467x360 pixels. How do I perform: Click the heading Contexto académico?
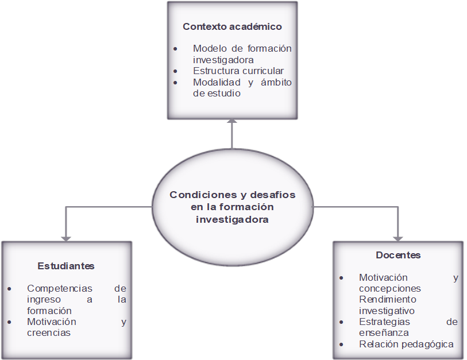pyautogui.click(x=232, y=26)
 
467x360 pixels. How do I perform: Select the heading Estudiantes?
pyautogui.click(x=66, y=266)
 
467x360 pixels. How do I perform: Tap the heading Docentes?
pyautogui.click(x=398, y=255)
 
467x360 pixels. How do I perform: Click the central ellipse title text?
pyautogui.click(x=232, y=207)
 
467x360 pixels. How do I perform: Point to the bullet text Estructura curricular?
pyautogui.click(x=238, y=71)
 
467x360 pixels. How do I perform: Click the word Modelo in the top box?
pyautogui.click(x=210, y=48)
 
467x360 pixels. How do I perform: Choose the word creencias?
pyautogui.click(x=49, y=332)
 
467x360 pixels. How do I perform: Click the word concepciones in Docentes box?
pyautogui.click(x=390, y=288)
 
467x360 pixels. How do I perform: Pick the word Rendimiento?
pyautogui.click(x=388, y=299)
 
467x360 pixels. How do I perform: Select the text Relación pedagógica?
pyautogui.click(x=406, y=344)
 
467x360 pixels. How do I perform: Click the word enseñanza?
pyautogui.click(x=384, y=332)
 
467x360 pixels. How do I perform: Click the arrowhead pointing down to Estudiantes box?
pyautogui.click(x=66, y=238)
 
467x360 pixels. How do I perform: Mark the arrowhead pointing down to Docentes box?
pyautogui.click(x=398, y=238)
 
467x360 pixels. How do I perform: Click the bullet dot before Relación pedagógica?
pyautogui.click(x=342, y=344)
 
